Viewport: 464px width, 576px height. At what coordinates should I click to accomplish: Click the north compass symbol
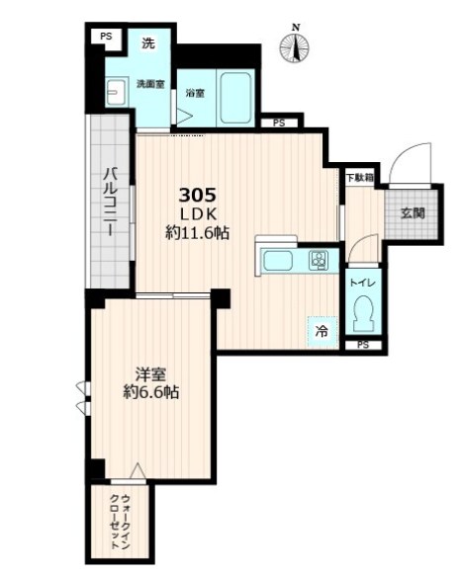click(x=294, y=44)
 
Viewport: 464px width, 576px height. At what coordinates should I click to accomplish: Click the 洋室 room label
click(x=150, y=374)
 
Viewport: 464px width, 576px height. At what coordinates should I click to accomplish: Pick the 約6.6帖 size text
click(x=150, y=393)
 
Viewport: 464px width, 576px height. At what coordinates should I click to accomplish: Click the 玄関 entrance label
click(x=413, y=212)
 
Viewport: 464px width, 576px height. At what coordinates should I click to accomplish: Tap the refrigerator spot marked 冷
click(x=321, y=332)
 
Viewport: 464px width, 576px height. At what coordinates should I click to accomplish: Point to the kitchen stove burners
click(x=320, y=261)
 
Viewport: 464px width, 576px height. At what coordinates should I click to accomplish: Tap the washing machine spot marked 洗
click(x=148, y=44)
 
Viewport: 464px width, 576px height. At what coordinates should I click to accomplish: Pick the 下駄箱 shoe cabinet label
click(x=358, y=178)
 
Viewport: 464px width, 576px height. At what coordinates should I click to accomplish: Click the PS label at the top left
click(x=105, y=37)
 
